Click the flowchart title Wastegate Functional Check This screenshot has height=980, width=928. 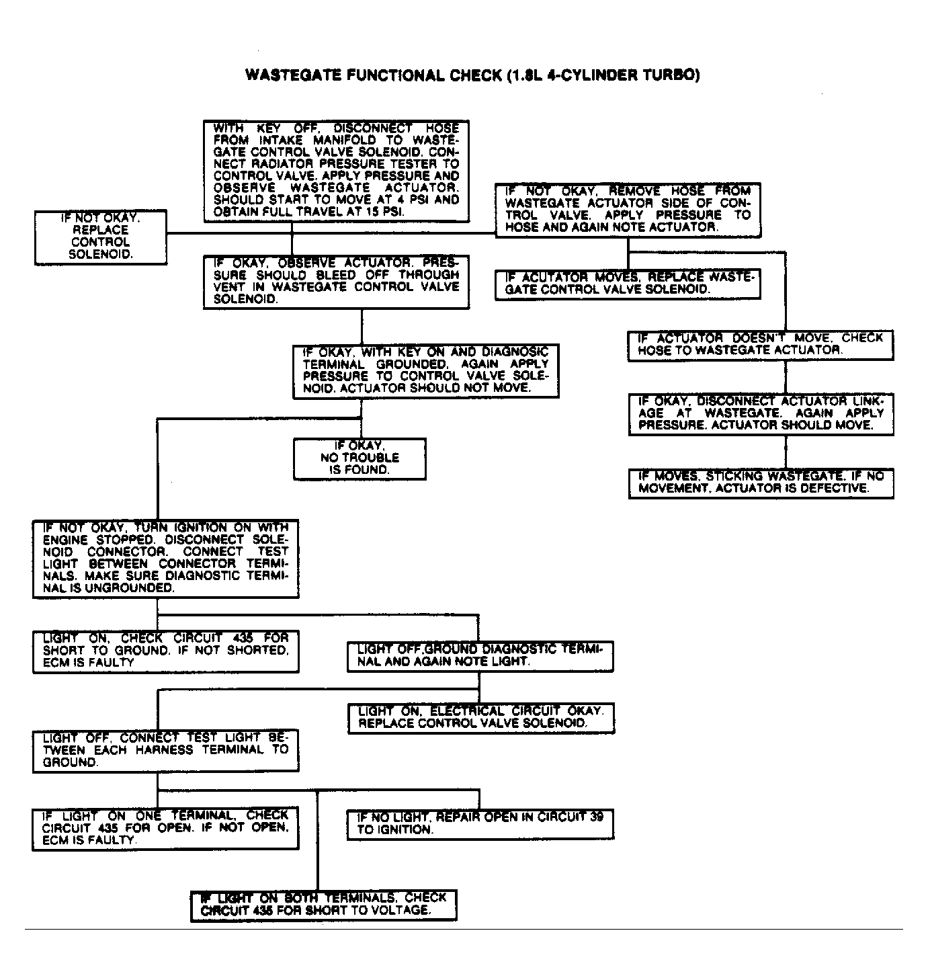(x=472, y=75)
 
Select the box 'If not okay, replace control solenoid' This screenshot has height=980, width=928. (x=101, y=237)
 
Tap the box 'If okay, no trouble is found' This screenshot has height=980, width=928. (x=360, y=458)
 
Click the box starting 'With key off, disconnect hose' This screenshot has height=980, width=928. (x=336, y=171)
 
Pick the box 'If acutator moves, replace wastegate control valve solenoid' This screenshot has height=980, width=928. (x=628, y=284)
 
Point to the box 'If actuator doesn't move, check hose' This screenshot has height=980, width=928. (x=761, y=345)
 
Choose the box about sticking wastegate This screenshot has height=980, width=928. (x=761, y=483)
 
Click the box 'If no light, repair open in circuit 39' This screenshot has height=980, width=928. (x=480, y=824)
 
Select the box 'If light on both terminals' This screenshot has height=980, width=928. (x=323, y=905)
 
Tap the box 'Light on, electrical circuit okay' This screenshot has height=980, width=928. (x=480, y=718)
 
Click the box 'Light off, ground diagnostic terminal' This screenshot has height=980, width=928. (x=480, y=655)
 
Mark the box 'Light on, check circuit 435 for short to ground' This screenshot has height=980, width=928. (x=165, y=651)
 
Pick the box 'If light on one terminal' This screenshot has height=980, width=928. (x=165, y=828)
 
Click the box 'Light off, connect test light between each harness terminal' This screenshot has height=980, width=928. (x=165, y=750)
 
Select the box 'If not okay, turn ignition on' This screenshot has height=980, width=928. (x=165, y=558)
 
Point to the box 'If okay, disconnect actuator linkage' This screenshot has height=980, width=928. (x=761, y=413)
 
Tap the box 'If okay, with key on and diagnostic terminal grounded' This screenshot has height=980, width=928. (x=425, y=371)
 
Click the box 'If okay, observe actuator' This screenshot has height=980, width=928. (x=336, y=282)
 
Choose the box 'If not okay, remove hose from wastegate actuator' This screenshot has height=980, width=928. (x=628, y=210)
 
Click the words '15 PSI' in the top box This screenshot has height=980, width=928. (x=384, y=212)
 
